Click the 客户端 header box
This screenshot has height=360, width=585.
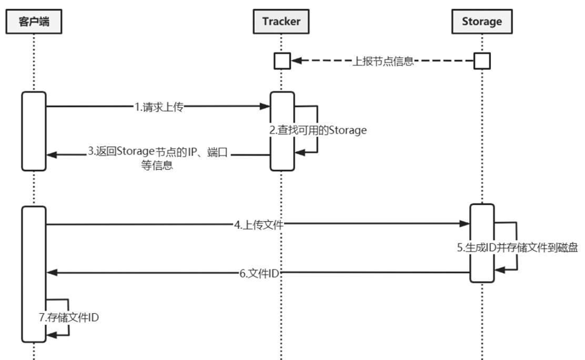pos(33,21)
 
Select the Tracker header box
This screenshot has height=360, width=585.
pos(281,21)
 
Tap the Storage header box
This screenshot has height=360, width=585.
pos(481,21)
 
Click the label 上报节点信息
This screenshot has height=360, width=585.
pos(384,61)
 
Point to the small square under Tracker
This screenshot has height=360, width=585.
pos(282,61)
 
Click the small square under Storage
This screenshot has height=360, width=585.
pos(481,61)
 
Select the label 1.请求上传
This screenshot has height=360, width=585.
pos(159,107)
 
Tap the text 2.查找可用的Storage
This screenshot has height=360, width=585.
pos(318,131)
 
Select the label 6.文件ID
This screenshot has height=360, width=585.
pos(259,274)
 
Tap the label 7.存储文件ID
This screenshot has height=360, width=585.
pos(69,317)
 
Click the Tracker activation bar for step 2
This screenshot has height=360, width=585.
pos(282,131)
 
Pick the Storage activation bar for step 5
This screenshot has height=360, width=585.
pos(482,243)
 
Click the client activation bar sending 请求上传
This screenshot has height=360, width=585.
pos(34,131)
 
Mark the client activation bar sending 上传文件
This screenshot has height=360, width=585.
pos(34,273)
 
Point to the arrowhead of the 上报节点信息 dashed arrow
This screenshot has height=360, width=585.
pos(296,61)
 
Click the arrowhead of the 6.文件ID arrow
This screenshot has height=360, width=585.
pos(51,274)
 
